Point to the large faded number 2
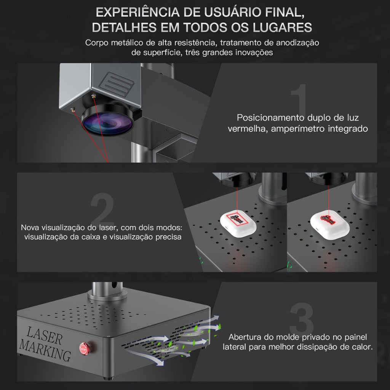click(103, 210)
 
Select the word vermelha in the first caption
click(248, 129)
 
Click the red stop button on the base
click(83, 347)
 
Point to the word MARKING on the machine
click(45, 350)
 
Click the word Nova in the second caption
click(30, 227)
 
